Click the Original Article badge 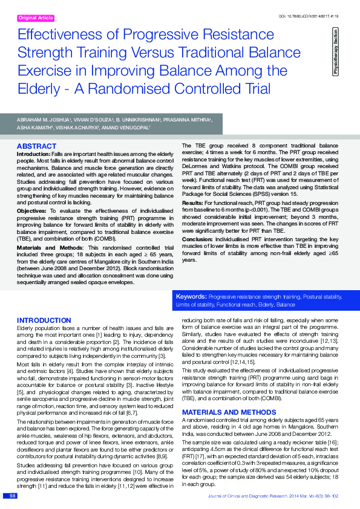coord(36,19)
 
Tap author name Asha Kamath coord(33,129)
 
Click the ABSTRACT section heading coord(36,147)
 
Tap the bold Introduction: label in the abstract coord(33,155)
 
